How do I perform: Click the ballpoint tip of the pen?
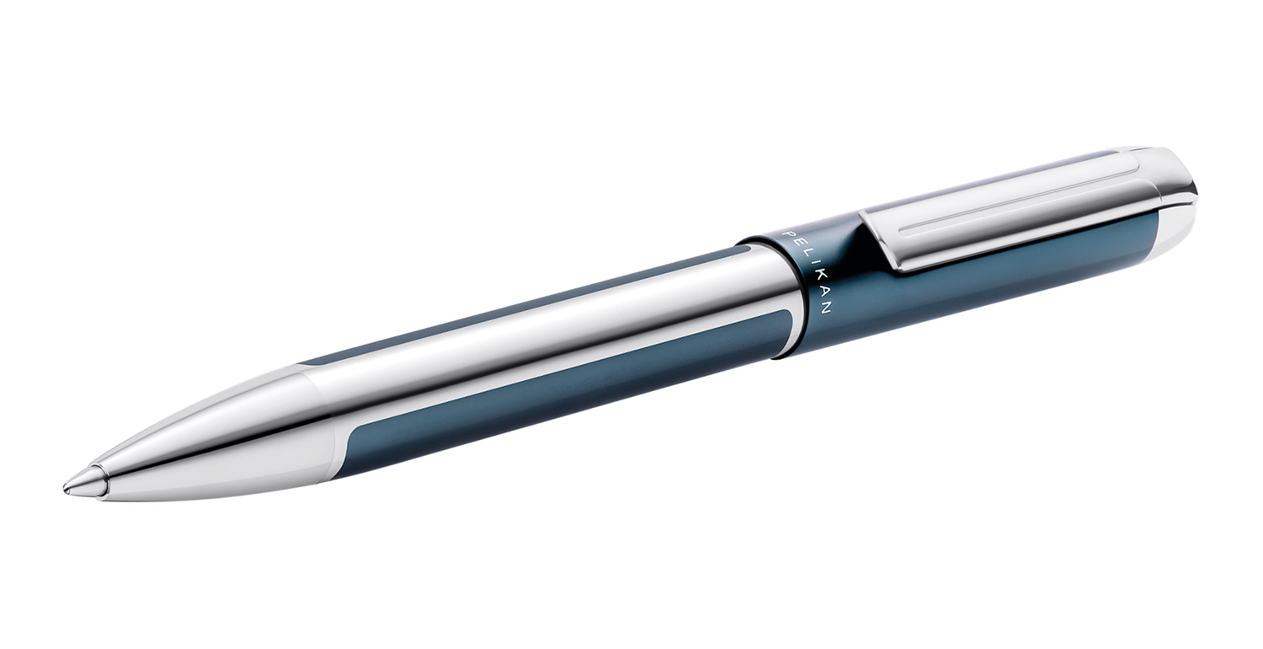pos(67,486)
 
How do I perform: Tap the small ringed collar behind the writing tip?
pos(94,481)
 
